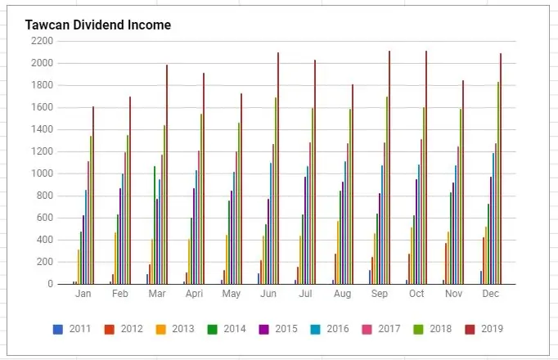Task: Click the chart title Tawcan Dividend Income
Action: click(98, 25)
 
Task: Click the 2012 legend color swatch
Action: click(108, 329)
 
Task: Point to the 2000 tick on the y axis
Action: click(43, 63)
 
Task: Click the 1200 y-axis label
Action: click(43, 151)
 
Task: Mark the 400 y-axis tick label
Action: click(46, 240)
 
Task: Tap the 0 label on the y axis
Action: click(50, 284)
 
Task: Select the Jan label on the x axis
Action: click(83, 293)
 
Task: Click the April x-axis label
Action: click(194, 293)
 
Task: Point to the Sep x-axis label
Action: click(380, 293)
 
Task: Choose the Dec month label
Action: click(491, 293)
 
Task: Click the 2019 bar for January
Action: click(93, 196)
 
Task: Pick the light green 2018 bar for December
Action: click(497, 183)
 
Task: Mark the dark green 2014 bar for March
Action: click(154, 225)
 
